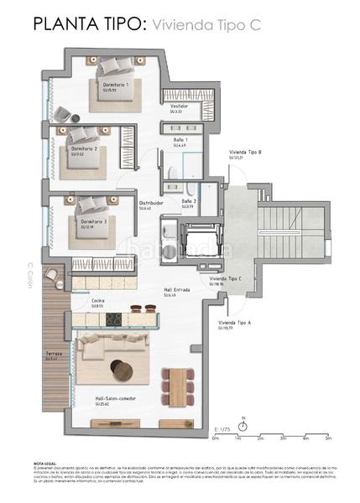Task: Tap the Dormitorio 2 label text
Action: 84,148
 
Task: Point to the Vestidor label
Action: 179,106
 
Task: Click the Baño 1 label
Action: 180,139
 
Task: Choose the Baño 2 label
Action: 189,201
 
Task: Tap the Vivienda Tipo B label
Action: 247,152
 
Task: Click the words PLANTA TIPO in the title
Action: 80,26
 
